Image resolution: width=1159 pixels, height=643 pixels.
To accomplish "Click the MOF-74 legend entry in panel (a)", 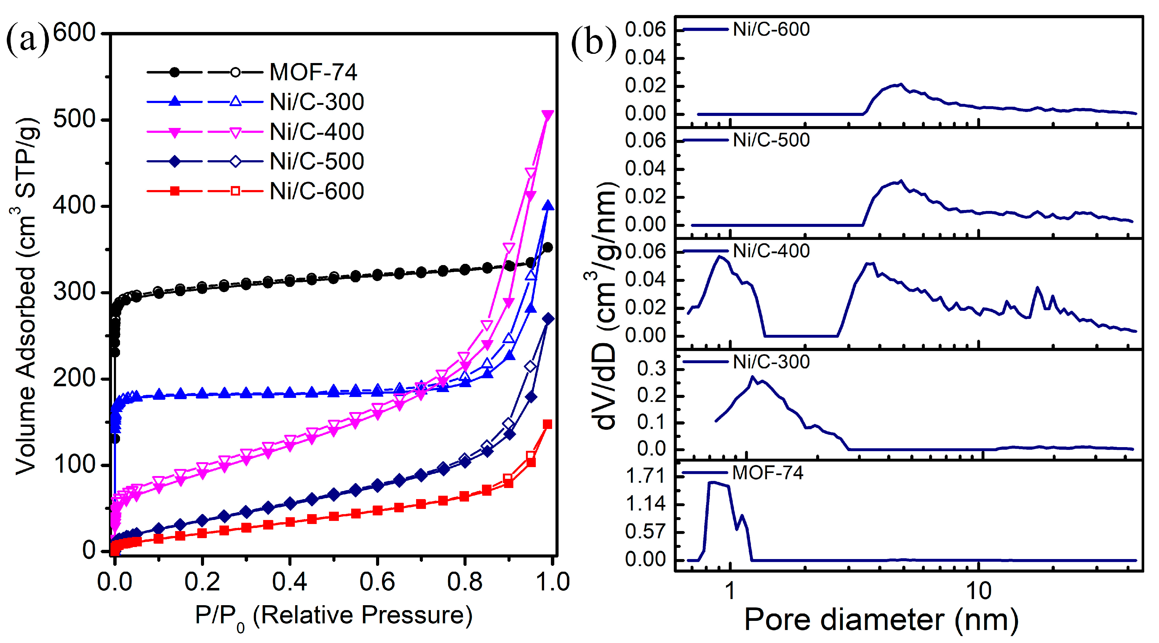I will pyautogui.click(x=313, y=72).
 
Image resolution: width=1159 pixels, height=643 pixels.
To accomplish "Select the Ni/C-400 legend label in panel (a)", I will pyautogui.click(x=316, y=132).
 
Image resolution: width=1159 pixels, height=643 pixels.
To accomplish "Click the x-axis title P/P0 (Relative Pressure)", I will pyautogui.click(x=333, y=616).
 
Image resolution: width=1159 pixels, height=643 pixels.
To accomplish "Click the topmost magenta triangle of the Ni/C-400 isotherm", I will pyautogui.click(x=547, y=115).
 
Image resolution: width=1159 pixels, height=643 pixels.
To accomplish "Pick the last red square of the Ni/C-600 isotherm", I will pyautogui.click(x=547, y=424).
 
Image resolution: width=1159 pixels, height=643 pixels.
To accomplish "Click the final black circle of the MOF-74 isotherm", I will pyautogui.click(x=547, y=247).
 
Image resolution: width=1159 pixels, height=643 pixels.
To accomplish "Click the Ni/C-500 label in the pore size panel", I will pyautogui.click(x=771, y=140).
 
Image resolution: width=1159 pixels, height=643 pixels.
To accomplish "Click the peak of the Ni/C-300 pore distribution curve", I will pyautogui.click(x=752, y=377).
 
